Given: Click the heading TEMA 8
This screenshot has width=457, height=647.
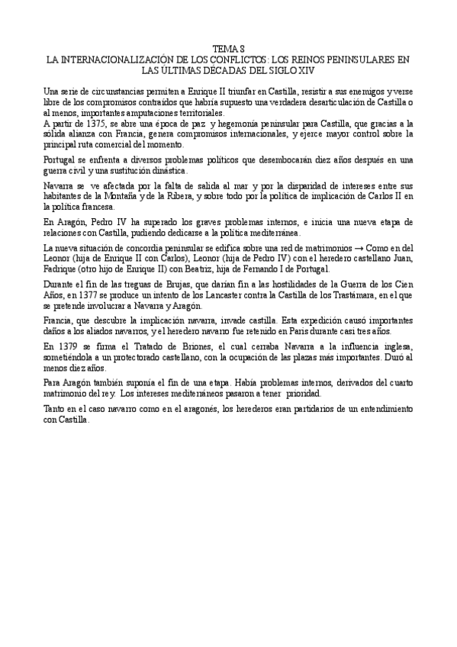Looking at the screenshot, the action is [228, 48].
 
